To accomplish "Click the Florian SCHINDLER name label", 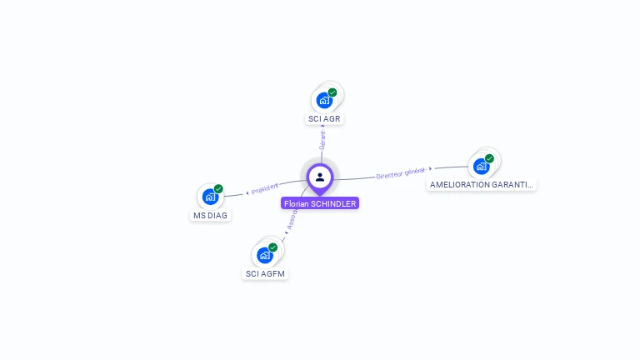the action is coord(320,203).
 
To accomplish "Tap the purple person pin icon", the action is coord(320,177).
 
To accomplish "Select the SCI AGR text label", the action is coord(324,118).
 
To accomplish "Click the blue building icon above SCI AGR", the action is coord(324,101).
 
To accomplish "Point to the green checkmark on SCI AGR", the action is coord(332,92).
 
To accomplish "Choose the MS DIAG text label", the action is coord(210,215).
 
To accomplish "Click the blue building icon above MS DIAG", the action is coord(210,197).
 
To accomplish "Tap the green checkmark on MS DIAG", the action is coord(218,189).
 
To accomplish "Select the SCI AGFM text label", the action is coord(266,273).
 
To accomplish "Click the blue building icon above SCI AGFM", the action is coord(265,255).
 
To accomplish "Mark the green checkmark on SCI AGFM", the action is coord(272,247).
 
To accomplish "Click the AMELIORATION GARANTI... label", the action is coord(481,184).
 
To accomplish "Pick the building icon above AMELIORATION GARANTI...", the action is coord(481,166).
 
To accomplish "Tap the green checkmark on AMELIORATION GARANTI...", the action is coord(489,158).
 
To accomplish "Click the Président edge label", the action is coord(264,187).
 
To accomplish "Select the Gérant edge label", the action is coord(322,139).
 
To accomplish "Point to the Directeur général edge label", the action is coord(401,172).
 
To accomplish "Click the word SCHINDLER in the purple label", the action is coord(334,203).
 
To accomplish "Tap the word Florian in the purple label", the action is coord(296,203).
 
